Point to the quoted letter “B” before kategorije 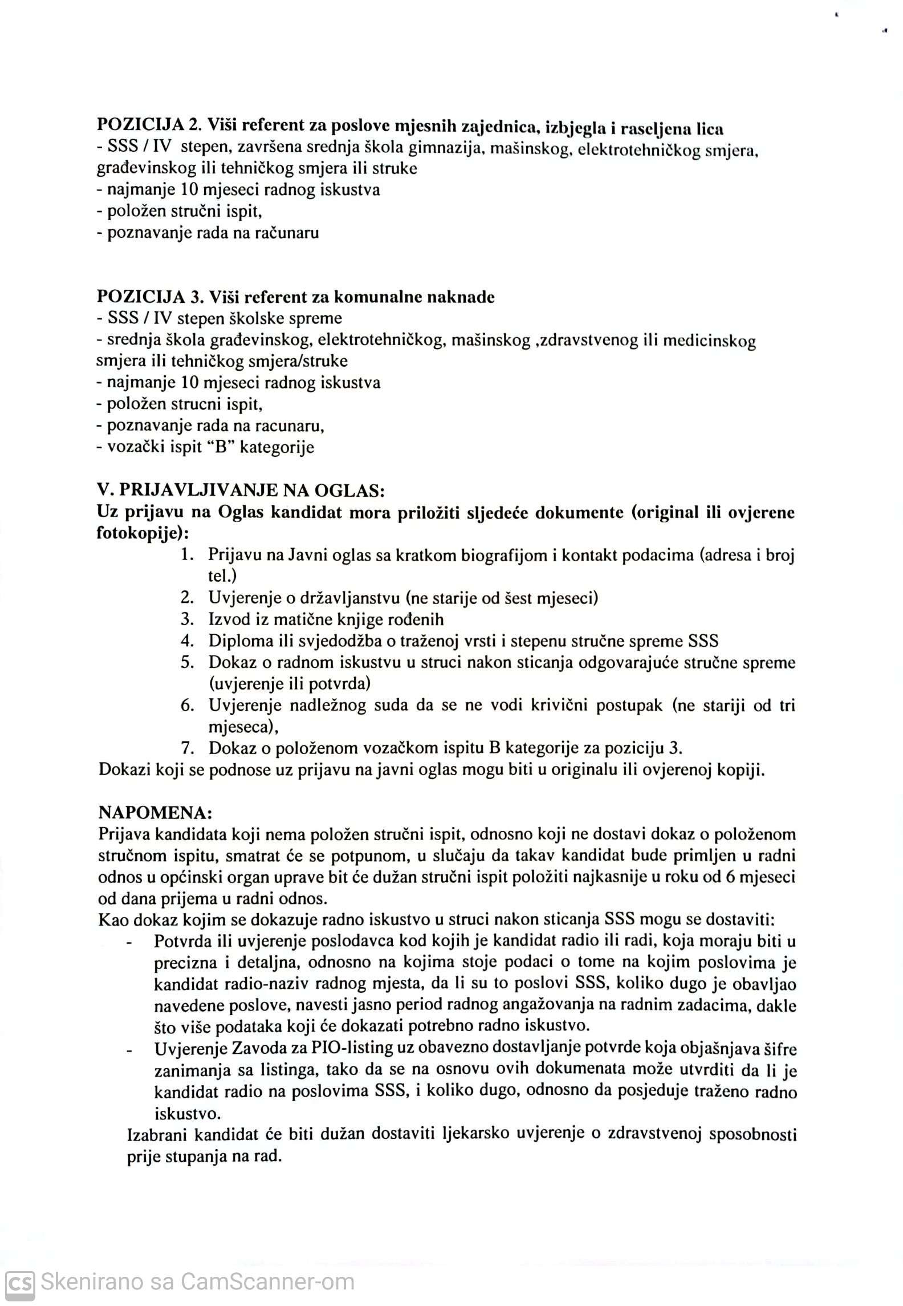(221, 447)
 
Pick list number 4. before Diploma (188, 640)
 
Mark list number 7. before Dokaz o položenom (188, 748)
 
